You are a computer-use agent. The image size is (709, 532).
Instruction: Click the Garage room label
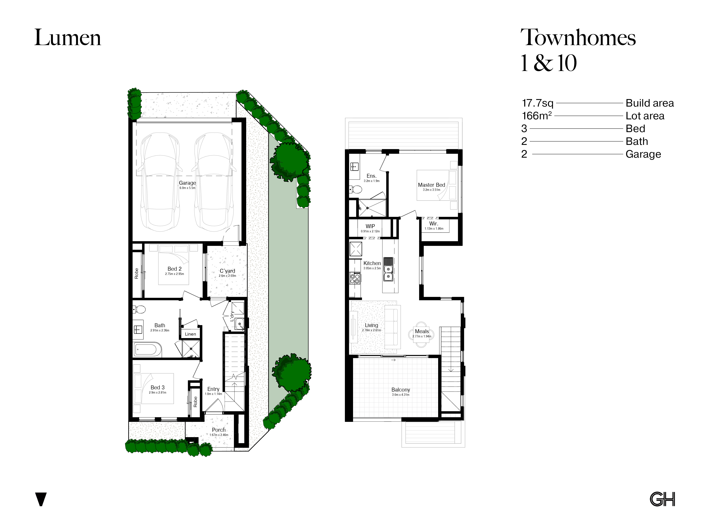(188, 183)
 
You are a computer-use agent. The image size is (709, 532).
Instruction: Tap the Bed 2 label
(174, 269)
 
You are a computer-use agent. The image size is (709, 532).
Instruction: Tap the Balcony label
(401, 390)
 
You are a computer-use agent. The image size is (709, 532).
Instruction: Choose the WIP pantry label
(370, 226)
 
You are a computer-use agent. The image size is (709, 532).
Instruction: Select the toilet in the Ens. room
(356, 189)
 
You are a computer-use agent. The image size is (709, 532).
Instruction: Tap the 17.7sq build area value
(537, 103)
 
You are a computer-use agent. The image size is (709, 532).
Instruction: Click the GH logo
(663, 499)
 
